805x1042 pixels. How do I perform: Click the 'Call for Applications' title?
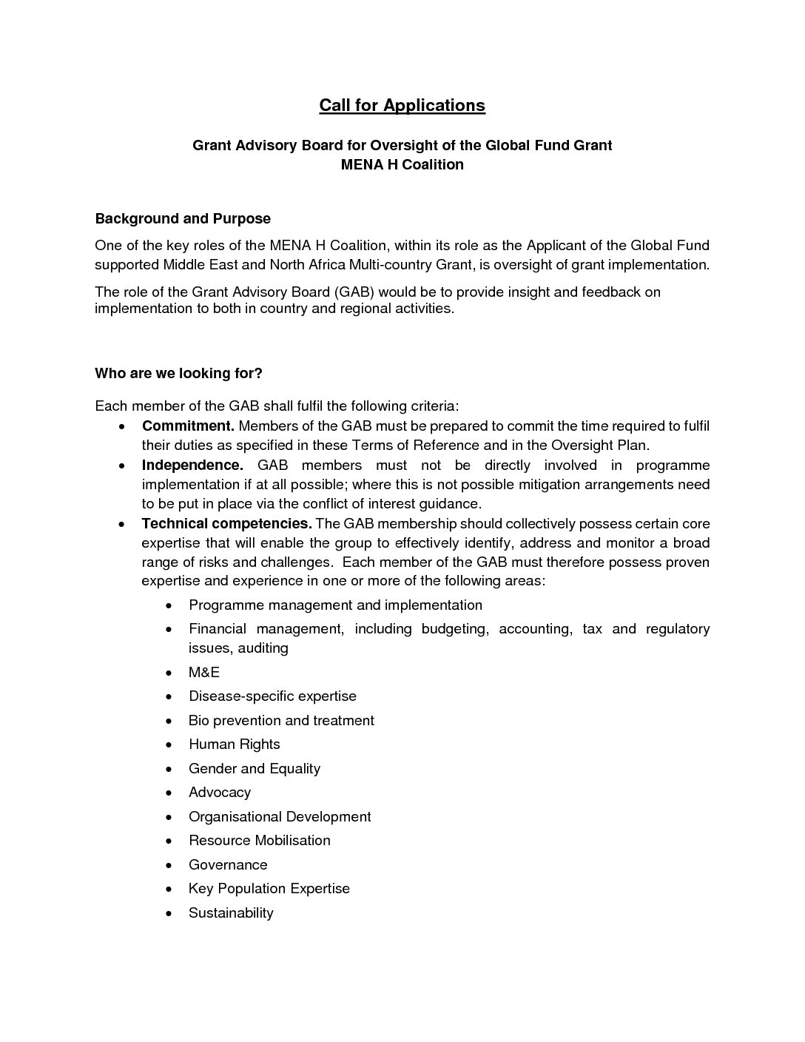(402, 105)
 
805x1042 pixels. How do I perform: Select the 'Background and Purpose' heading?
(183, 218)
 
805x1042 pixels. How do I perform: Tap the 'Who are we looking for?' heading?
(178, 373)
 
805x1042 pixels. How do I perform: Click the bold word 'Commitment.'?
(188, 426)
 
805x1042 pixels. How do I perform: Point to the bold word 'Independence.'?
(192, 465)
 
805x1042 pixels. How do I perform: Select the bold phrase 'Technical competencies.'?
(227, 523)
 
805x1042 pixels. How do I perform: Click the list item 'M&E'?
(204, 672)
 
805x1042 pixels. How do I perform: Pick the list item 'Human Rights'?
(235, 744)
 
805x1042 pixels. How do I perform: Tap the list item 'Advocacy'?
(220, 792)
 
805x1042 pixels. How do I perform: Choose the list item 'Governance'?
(228, 864)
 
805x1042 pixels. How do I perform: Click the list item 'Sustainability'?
(231, 912)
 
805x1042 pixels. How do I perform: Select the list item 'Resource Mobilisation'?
(260, 840)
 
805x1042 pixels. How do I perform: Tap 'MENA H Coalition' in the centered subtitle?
(402, 164)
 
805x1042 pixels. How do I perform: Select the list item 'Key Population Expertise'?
(269, 888)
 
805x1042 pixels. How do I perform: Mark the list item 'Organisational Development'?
(280, 816)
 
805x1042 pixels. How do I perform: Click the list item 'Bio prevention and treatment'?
(281, 720)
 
